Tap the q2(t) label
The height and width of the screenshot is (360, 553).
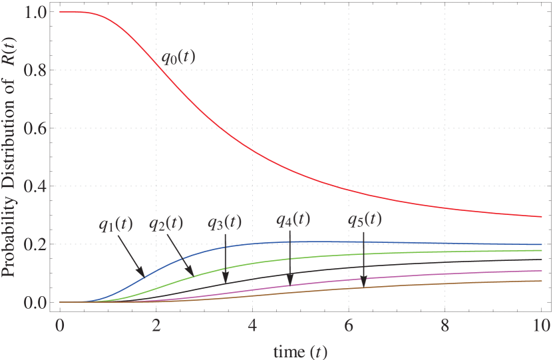point(166,221)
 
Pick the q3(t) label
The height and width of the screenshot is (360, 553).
point(225,220)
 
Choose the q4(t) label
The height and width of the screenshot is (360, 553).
point(293,218)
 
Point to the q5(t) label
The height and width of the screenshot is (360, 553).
point(365,218)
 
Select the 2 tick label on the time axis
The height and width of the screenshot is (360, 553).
point(156,326)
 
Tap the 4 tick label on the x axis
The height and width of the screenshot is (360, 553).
point(252,326)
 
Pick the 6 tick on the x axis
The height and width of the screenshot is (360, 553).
point(349,326)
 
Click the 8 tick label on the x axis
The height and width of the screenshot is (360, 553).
point(445,326)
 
